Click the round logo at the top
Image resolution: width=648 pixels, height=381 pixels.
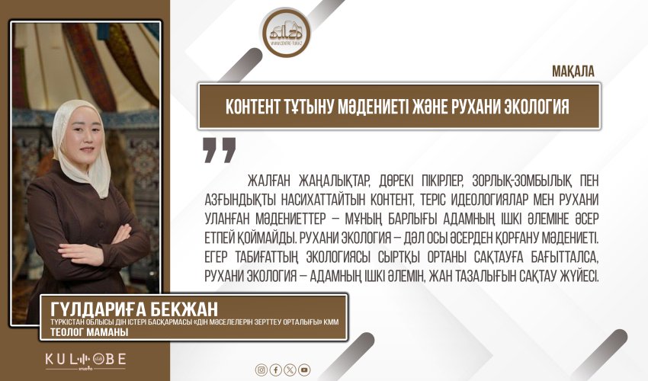[x=287, y=31]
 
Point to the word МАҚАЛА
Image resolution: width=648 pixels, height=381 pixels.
[x=572, y=71]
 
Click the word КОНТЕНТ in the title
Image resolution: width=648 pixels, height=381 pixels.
[x=257, y=107]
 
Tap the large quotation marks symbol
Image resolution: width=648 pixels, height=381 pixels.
[x=219, y=149]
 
